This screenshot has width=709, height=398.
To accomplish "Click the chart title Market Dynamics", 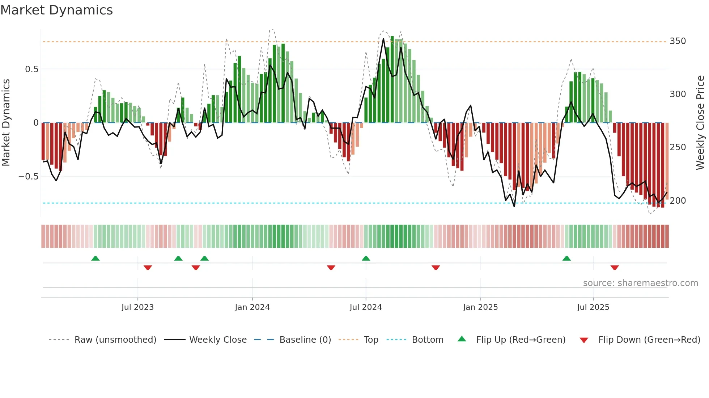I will click(56, 10).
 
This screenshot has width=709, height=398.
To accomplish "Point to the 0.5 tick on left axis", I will click(31, 69).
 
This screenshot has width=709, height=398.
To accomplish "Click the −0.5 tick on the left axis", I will click(29, 177).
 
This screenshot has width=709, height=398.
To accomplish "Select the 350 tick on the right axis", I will click(678, 41).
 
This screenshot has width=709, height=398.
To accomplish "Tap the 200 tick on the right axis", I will click(678, 201).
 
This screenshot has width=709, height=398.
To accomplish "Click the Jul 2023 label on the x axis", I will click(137, 307).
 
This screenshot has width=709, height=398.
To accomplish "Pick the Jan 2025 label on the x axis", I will click(480, 307).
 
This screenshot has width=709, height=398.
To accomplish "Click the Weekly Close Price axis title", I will click(700, 123).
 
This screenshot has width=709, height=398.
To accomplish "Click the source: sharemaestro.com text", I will click(640, 283).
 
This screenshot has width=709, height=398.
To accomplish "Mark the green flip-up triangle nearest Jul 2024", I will click(366, 259).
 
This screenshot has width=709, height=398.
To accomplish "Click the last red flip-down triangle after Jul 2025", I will click(614, 268).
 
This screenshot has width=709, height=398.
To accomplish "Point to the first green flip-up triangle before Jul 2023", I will click(95, 259).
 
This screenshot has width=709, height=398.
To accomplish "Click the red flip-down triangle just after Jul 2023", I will click(148, 268).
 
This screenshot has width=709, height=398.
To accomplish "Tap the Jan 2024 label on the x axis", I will click(252, 307).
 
